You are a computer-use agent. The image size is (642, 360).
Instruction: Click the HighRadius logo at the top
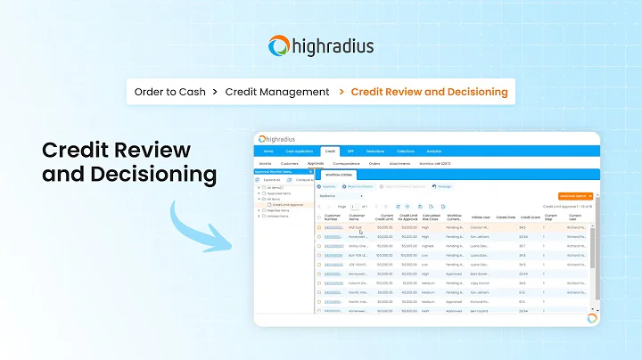point(320,46)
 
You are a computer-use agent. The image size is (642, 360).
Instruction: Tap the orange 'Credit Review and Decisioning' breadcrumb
point(429,92)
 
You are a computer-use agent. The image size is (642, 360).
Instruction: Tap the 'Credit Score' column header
point(530,217)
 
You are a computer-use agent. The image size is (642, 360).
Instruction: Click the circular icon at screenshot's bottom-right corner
point(591,318)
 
